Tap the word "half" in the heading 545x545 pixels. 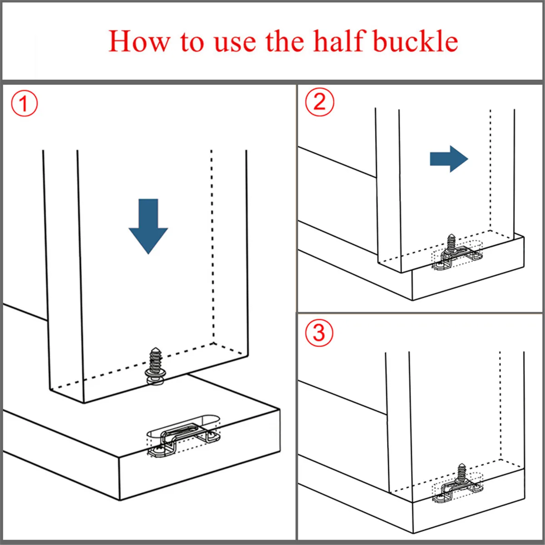(x=339, y=41)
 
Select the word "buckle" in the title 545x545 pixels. (x=416, y=41)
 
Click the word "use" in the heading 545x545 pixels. (x=235, y=45)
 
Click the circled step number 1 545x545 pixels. (x=25, y=103)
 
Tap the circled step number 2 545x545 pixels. (x=320, y=102)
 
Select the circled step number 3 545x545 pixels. (x=319, y=332)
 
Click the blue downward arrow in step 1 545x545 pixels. (x=148, y=226)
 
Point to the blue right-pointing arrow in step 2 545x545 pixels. (x=449, y=159)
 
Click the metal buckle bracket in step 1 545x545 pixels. (x=184, y=439)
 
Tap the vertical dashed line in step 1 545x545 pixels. (x=213, y=246)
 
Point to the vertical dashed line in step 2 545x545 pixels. (x=490, y=170)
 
